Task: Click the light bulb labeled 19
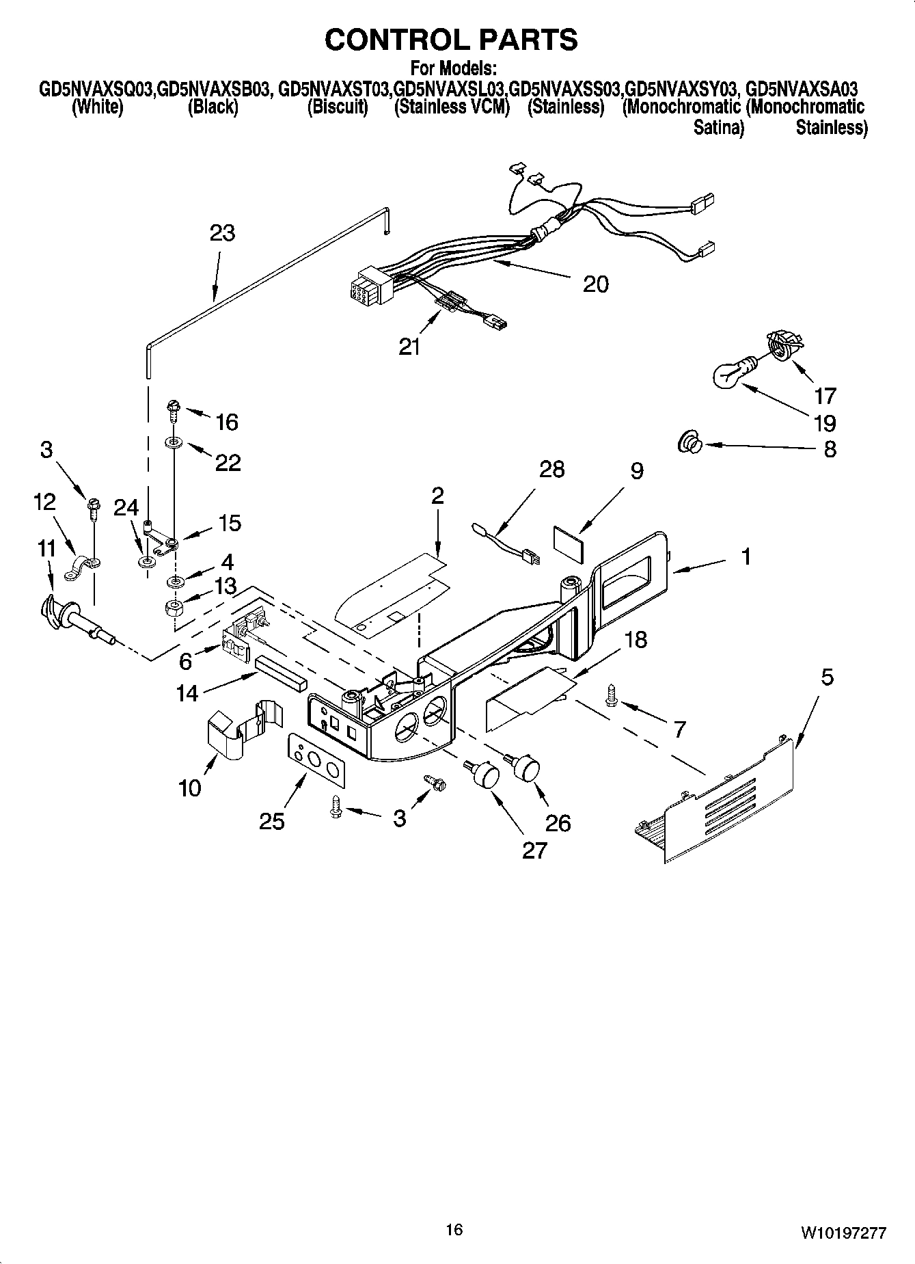(730, 373)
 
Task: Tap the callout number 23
(222, 233)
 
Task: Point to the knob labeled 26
(526, 767)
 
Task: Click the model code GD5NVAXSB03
(215, 90)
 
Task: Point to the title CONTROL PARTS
(451, 40)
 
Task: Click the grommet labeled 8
(688, 445)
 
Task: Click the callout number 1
(746, 557)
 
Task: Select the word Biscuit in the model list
(338, 107)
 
